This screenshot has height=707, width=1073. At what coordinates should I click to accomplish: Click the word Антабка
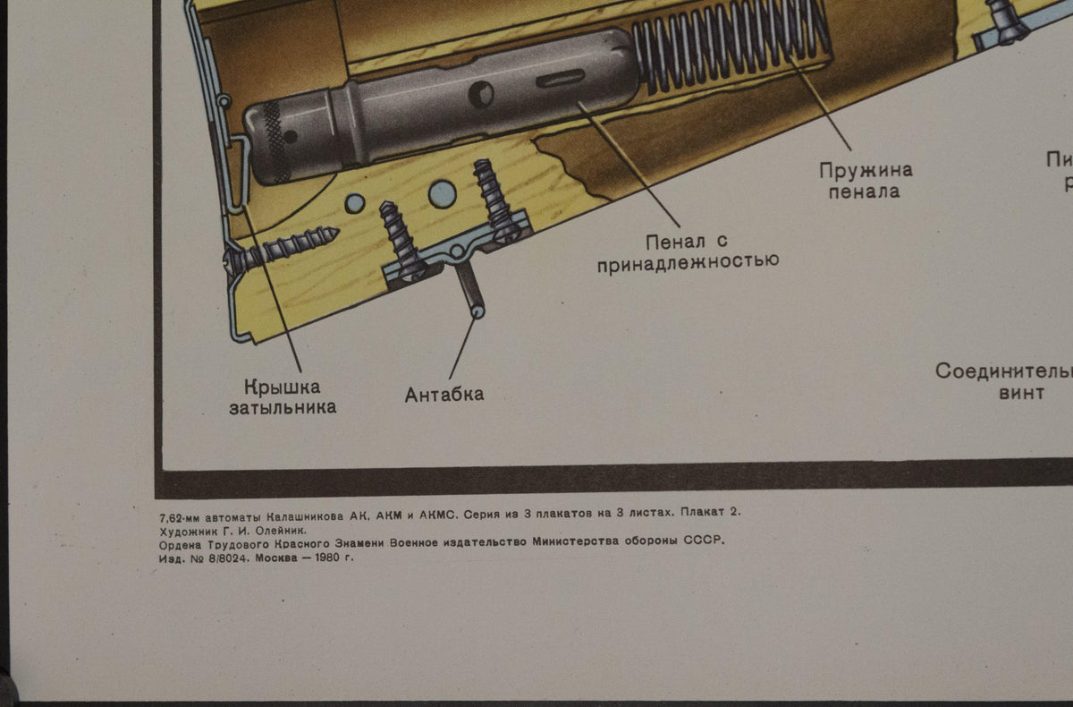click(444, 395)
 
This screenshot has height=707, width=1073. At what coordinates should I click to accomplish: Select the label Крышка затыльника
click(282, 397)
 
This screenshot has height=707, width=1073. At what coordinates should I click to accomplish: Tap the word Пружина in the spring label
click(866, 170)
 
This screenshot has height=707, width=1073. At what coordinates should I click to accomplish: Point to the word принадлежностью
click(688, 261)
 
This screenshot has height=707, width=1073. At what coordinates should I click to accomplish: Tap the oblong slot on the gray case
click(557, 80)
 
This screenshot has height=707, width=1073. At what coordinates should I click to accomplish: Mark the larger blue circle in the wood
click(442, 192)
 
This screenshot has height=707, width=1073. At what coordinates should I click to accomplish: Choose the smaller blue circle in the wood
click(355, 203)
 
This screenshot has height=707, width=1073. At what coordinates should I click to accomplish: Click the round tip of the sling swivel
click(478, 311)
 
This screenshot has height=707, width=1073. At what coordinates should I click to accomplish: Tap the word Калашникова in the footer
click(294, 514)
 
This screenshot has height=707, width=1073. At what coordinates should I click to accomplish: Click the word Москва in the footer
click(275, 558)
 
